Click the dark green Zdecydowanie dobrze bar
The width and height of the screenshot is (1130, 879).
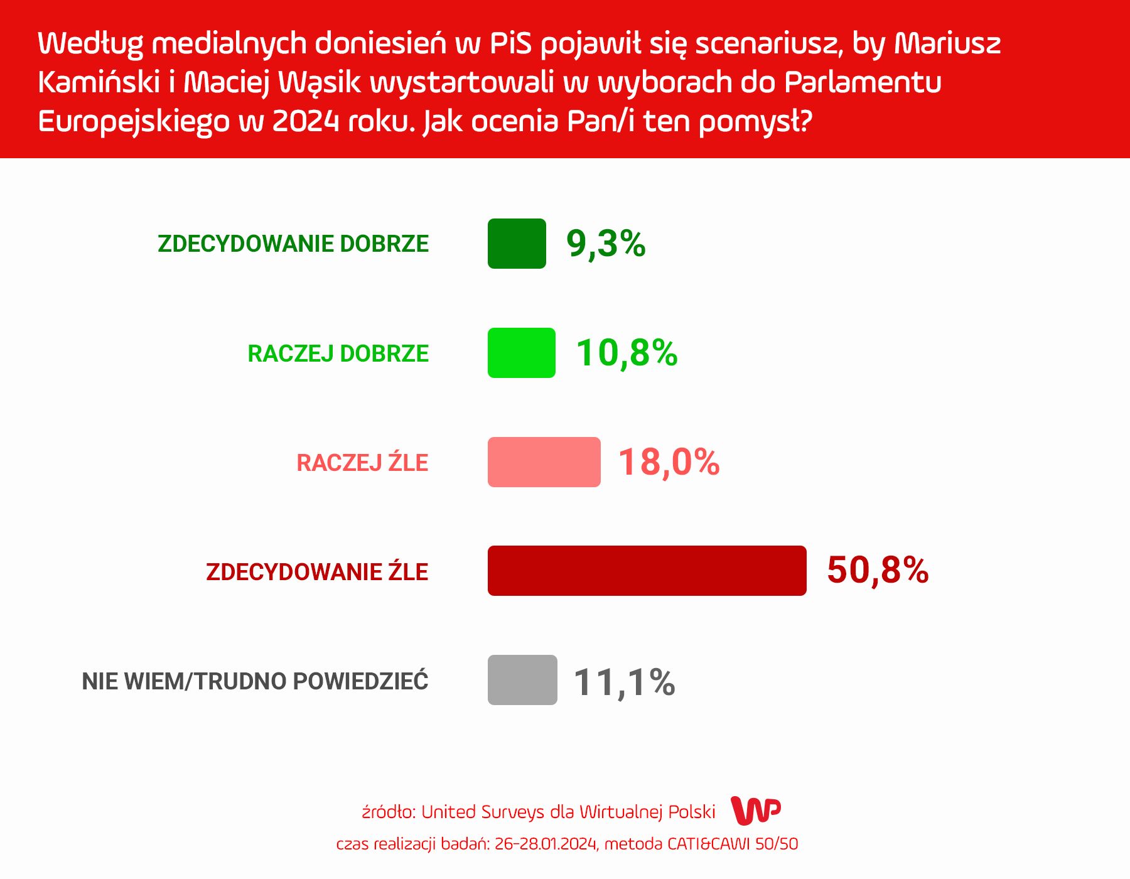(517, 244)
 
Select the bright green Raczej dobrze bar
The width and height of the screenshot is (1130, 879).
(521, 353)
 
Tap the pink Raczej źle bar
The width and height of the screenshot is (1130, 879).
(544, 462)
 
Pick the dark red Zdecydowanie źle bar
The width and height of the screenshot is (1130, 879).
(647, 571)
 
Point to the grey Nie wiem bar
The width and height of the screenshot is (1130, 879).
(522, 680)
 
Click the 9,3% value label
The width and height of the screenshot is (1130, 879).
(606, 244)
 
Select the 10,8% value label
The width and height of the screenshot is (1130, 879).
(627, 353)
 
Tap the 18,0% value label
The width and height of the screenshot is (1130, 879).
(669, 462)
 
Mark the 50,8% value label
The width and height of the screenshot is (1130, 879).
(878, 571)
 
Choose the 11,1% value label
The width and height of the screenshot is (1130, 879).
(624, 682)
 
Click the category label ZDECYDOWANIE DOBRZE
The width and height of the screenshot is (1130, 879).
(293, 244)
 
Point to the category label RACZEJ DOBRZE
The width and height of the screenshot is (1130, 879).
(338, 353)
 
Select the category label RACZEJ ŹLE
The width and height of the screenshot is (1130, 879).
(362, 463)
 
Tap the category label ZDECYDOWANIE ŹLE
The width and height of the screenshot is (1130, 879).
(317, 572)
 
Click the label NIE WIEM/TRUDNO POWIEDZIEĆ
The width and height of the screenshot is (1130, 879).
(255, 681)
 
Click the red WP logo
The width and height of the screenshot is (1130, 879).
(756, 811)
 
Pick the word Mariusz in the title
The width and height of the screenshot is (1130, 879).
(947, 43)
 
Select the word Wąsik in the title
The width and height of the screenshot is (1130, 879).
(320, 82)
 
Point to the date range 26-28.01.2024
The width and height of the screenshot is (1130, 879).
(546, 844)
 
